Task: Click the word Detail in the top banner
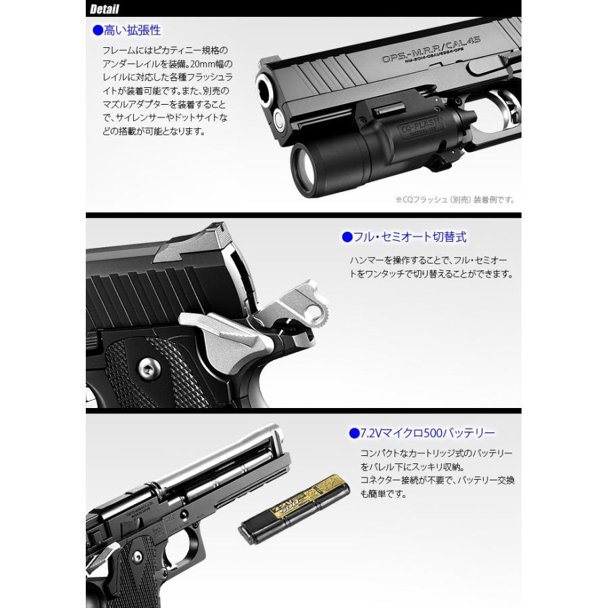(x=104, y=9)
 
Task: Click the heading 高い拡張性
(x=132, y=30)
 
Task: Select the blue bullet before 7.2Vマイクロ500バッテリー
(x=353, y=432)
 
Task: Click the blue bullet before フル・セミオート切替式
(x=347, y=237)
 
